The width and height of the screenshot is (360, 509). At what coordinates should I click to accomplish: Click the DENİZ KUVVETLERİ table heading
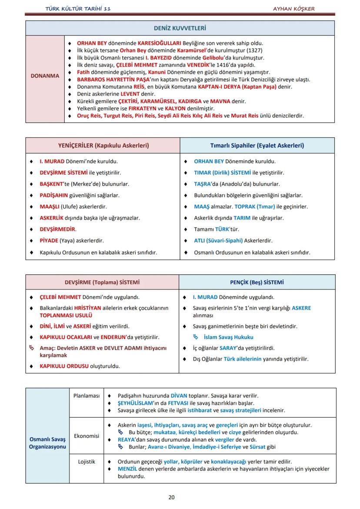coord(180,28)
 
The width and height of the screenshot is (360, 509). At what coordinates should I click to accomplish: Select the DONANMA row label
coord(45,76)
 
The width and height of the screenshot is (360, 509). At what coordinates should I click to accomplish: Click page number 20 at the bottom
coord(171,497)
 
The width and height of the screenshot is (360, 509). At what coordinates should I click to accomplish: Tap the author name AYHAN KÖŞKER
coord(294,9)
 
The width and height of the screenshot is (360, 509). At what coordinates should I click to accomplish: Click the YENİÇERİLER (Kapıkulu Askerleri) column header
coord(103,146)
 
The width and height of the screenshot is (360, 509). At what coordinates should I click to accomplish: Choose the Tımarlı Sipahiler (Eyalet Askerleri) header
coord(257,146)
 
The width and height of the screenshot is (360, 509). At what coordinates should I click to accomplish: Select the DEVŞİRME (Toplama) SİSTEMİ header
coord(102,282)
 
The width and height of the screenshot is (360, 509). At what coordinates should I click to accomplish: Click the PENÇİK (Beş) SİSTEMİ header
coord(257,282)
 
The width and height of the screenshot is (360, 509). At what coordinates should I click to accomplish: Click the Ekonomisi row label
coord(87,436)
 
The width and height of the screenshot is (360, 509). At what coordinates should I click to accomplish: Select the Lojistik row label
coord(87,462)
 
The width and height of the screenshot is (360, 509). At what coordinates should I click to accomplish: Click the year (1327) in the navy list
coord(254,50)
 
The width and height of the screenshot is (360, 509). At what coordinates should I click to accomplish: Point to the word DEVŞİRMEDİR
coord(57,229)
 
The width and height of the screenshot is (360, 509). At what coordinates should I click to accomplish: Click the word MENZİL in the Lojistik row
coord(127,469)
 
